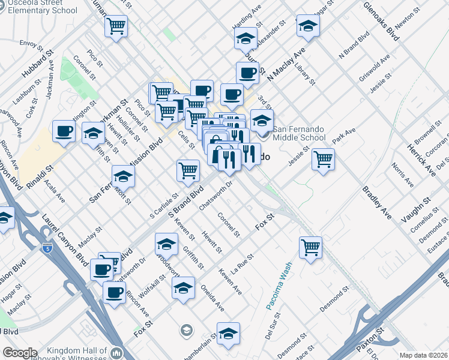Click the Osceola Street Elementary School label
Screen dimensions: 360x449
click(x=39, y=7)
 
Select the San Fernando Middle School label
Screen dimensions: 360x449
click(x=299, y=133)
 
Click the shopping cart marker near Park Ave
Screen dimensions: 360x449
click(x=323, y=160)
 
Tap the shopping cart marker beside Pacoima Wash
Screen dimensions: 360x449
click(x=310, y=247)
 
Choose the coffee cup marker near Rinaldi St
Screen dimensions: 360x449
click(x=64, y=131)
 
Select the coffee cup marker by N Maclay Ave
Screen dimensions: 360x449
click(x=247, y=73)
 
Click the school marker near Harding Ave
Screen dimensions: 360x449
click(x=245, y=40)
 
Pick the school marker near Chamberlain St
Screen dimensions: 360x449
click(x=228, y=334)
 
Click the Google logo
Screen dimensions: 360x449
click(x=20, y=353)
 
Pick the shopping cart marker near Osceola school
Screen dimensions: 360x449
click(x=116, y=26)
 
